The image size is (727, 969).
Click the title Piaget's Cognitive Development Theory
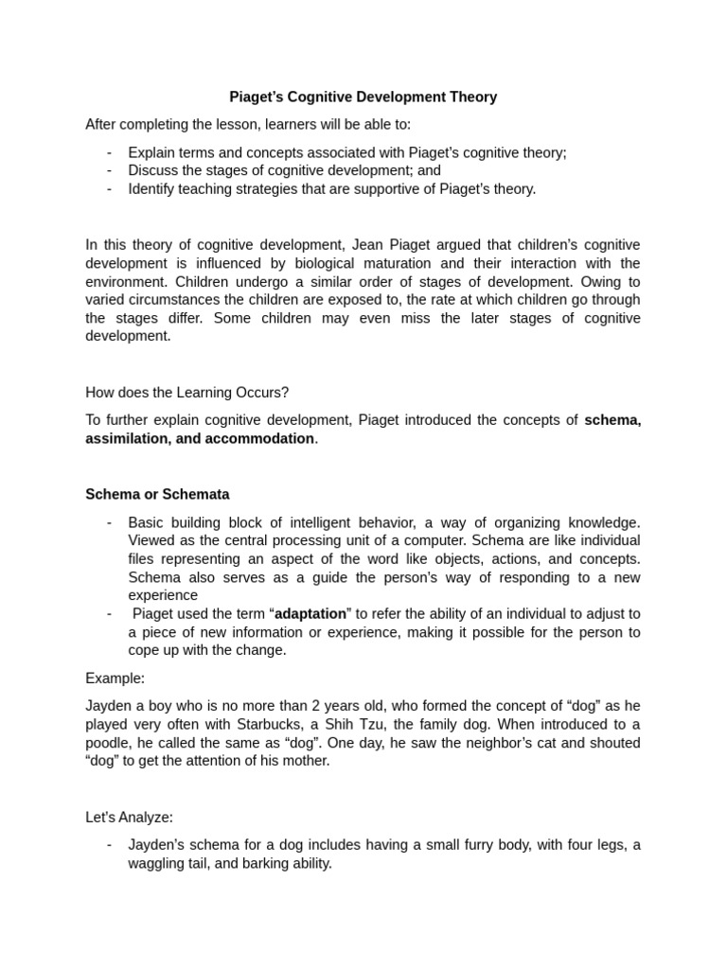[x=363, y=97]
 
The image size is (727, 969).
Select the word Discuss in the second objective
[x=153, y=170]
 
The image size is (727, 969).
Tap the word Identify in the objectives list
[x=152, y=188]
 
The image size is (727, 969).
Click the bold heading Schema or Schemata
[x=157, y=494]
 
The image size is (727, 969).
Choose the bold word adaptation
[x=311, y=613]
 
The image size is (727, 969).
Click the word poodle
[x=107, y=743]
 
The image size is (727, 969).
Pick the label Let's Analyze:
[x=129, y=817]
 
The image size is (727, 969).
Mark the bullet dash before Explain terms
[x=110, y=152]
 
